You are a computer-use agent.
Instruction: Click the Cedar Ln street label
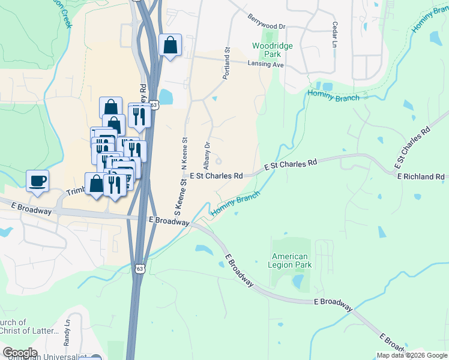tap(334, 35)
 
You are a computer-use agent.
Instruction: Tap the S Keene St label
tap(178, 201)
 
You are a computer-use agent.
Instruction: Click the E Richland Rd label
tap(420, 176)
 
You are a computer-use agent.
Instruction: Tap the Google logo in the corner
tap(20, 353)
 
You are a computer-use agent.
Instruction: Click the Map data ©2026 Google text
tap(411, 355)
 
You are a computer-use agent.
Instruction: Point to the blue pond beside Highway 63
tap(165, 97)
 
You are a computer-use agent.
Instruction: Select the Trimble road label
tap(76, 190)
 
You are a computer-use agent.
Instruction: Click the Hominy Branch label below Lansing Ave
tap(333, 95)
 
